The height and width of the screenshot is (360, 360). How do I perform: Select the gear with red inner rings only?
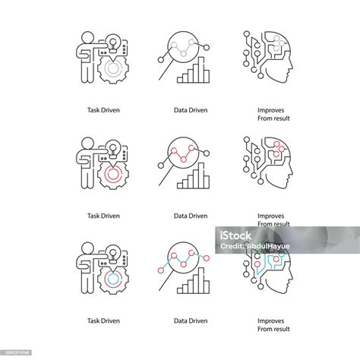[x=111, y=169]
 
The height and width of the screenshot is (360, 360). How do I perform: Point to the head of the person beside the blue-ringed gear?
[x=86, y=248]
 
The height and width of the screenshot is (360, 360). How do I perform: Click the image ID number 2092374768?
[x=17, y=353]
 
